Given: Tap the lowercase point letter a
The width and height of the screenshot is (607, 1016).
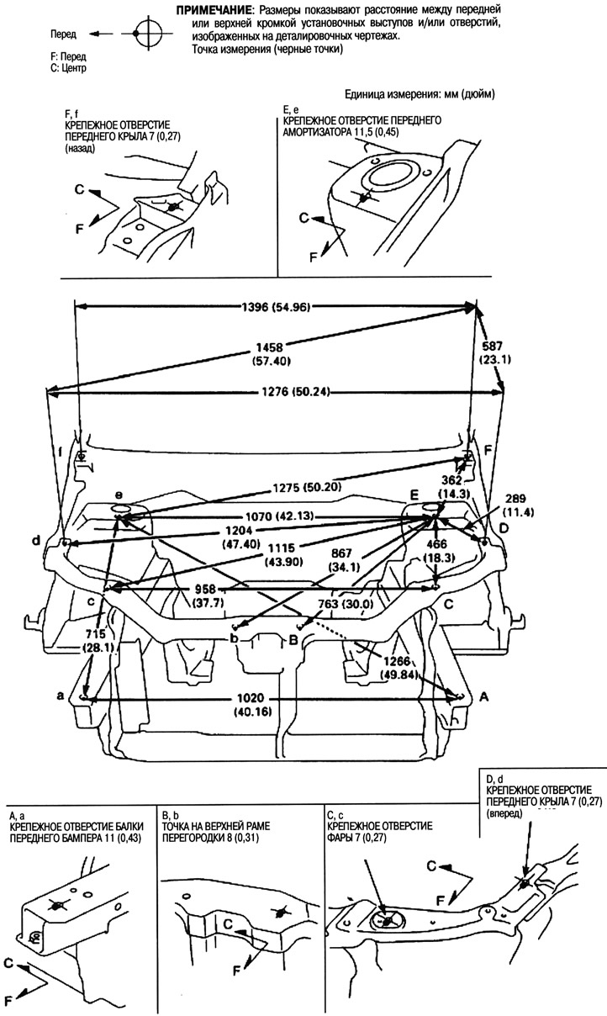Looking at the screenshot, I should click(60, 696).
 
